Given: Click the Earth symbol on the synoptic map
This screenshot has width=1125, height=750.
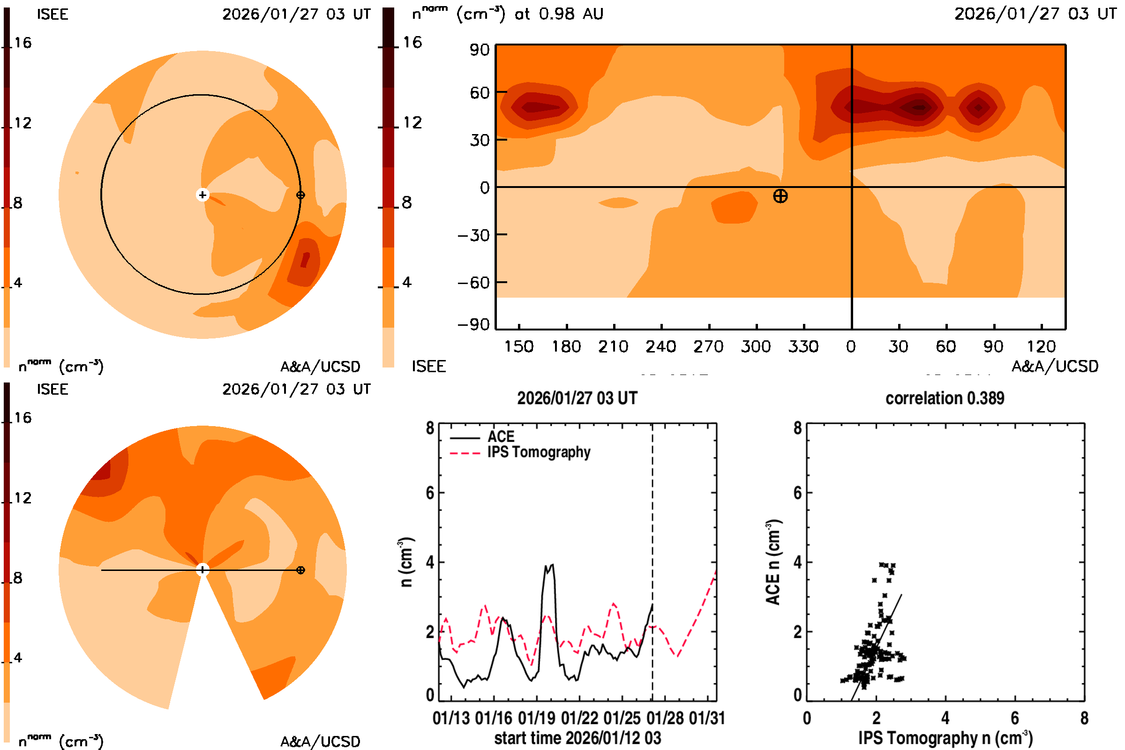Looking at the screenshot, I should point(780,196).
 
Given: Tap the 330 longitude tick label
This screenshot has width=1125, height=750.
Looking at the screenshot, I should point(803,346).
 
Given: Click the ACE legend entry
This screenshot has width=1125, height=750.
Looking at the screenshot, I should point(500,437).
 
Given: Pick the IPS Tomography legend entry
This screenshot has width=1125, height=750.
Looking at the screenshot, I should point(539,452).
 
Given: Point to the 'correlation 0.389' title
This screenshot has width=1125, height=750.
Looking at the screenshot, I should point(945,398).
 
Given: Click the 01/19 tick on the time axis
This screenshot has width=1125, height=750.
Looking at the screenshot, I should point(537,718).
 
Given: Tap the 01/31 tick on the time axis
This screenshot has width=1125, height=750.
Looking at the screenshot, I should point(707,718).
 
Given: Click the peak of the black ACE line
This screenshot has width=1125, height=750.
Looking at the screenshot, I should point(553,565).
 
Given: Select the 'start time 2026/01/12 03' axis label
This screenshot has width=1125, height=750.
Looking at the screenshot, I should point(577,738).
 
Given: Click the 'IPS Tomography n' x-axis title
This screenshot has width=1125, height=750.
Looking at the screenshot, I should point(945,738).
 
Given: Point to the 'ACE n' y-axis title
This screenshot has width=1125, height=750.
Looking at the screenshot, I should point(773,562).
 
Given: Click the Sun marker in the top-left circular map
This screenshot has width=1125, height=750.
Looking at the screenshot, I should point(202,195).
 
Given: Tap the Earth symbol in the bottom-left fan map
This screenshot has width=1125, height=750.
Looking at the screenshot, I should point(300,570).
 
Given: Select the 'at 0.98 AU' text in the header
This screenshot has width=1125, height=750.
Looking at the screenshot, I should point(559,14).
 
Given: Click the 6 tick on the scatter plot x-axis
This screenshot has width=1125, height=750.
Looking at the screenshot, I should point(1014,718).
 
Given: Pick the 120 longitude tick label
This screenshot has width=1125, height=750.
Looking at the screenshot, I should point(1041,346).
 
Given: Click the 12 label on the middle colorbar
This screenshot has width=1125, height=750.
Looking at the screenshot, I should point(412,122).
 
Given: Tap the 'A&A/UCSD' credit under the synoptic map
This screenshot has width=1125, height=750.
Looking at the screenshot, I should point(1055,367).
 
